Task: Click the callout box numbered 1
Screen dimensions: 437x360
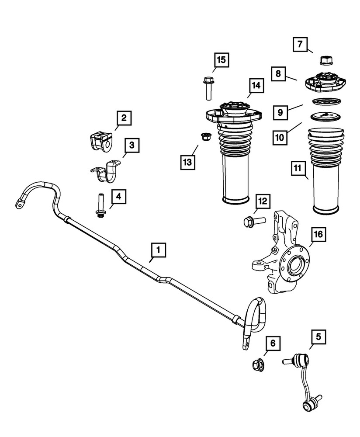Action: click(159, 250)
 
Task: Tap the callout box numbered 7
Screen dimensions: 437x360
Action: click(300, 44)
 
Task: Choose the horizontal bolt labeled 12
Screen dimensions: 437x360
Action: click(251, 221)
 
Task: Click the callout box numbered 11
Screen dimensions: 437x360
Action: click(297, 167)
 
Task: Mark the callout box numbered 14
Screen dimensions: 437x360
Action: click(256, 86)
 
